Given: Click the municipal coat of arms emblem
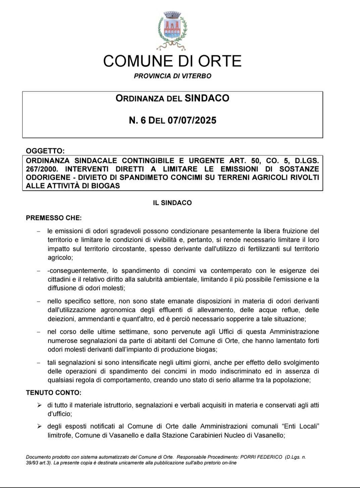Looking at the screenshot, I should tap(172, 30).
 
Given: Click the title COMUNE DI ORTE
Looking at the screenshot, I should tap(172, 61).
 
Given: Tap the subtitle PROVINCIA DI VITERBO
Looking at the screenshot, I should tap(172, 76).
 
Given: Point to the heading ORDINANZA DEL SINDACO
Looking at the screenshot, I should tap(172, 98).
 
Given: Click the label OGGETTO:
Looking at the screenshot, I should tap(45, 151).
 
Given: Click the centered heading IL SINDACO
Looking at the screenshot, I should tap(172, 203).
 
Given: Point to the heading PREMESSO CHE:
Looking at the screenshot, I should tap(54, 218).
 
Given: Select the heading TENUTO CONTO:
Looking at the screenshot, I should tap(54, 392).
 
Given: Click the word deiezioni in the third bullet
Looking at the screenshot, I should tap(61, 319).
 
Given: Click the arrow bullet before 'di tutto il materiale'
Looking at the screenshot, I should tap(39, 405).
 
